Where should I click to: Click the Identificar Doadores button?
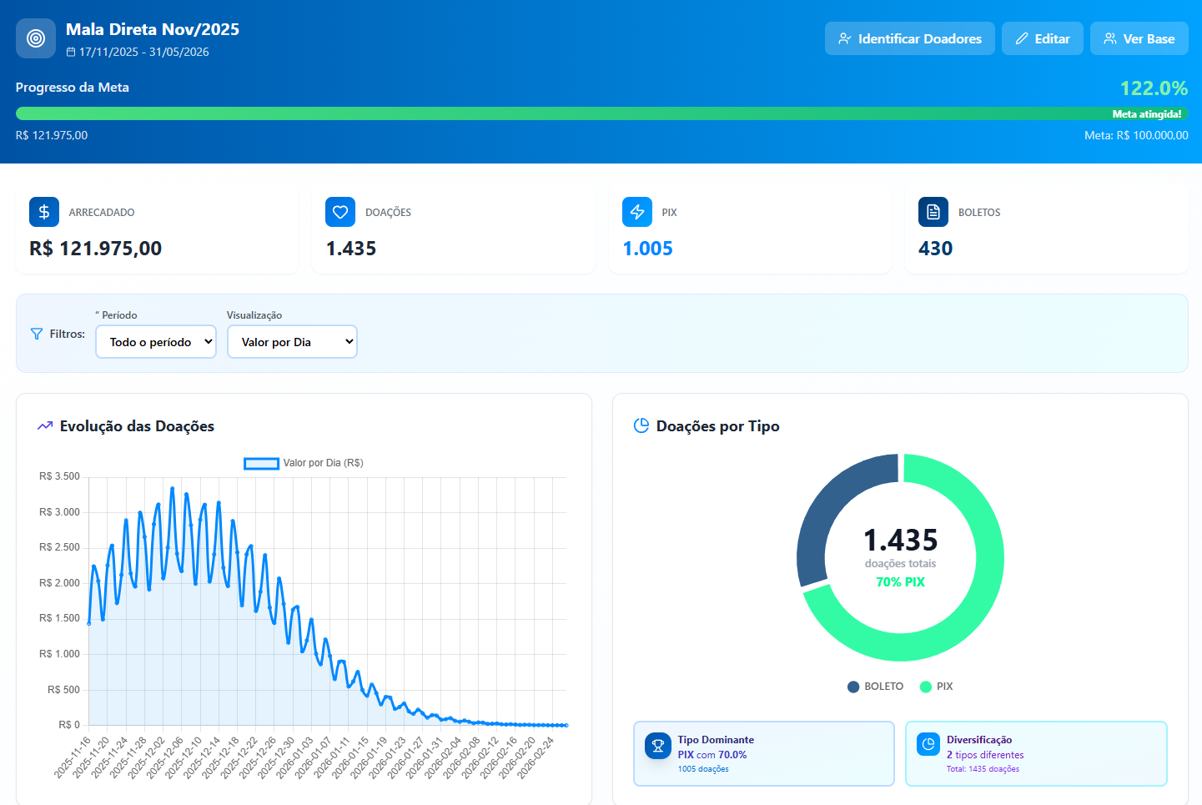click(909, 38)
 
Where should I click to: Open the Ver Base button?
click(1139, 38)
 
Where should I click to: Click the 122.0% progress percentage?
click(1153, 88)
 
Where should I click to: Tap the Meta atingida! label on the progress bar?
click(1146, 114)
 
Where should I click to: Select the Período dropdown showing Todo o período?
click(156, 342)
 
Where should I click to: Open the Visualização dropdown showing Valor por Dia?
click(292, 342)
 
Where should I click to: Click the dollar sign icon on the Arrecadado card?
click(44, 212)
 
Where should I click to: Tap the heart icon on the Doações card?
click(340, 212)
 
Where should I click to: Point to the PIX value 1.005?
click(647, 249)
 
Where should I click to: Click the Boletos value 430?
click(935, 249)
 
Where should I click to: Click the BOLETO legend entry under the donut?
click(875, 687)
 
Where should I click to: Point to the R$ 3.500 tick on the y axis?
click(59, 476)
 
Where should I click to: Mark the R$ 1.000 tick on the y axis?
click(59, 654)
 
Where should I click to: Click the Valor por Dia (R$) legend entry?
click(304, 463)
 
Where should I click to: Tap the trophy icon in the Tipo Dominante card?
click(657, 745)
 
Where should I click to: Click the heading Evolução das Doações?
click(137, 426)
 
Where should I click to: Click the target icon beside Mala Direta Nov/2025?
click(36, 38)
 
